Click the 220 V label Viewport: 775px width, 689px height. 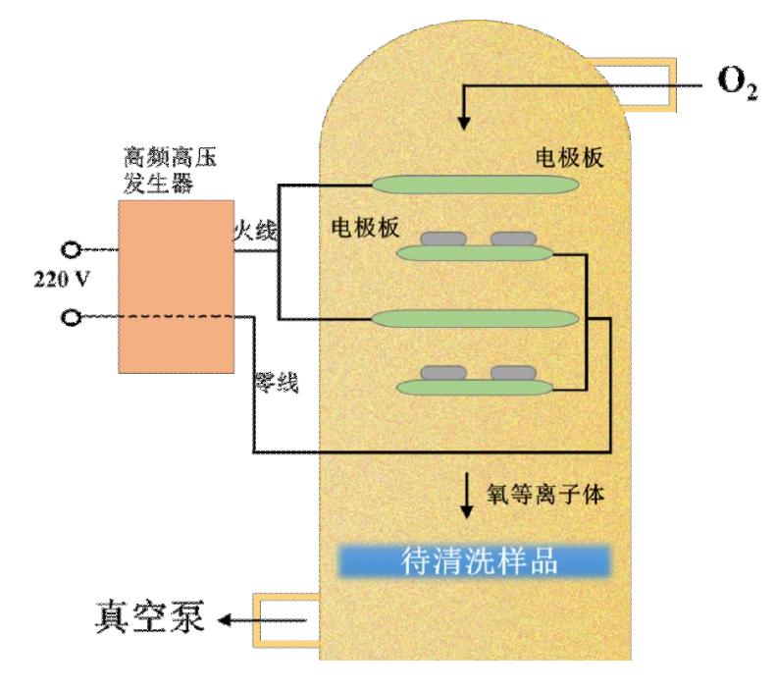click(x=62, y=278)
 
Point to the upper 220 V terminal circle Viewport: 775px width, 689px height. click(x=71, y=249)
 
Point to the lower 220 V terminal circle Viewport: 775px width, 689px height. click(x=71, y=317)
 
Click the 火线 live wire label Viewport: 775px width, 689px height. click(x=254, y=232)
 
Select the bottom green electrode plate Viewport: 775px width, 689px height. click(x=475, y=388)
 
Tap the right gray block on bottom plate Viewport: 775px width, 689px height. click(x=513, y=372)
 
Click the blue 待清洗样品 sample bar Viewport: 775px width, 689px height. click(x=475, y=560)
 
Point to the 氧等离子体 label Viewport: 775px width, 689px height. click(x=545, y=493)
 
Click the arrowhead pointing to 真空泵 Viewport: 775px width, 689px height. click(x=225, y=619)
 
